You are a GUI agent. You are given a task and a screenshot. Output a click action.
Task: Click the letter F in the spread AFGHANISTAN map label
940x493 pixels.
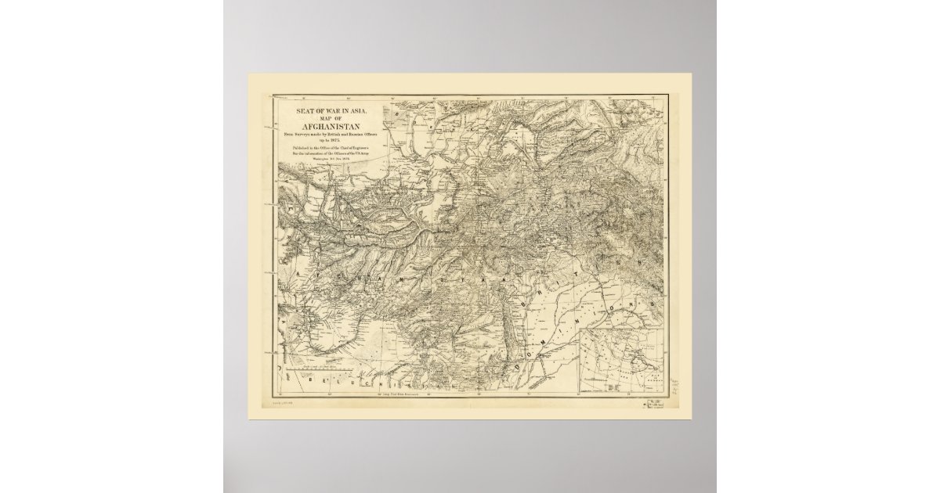(317, 275)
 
